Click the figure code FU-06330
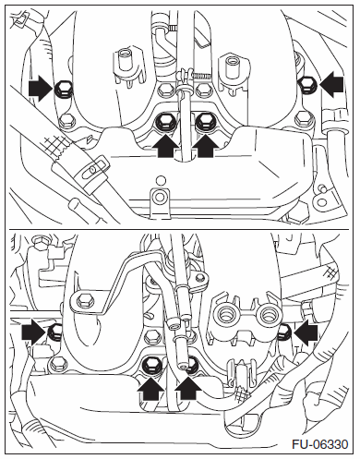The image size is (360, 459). [x=320, y=444]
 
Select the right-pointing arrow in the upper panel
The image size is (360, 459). [x=41, y=89]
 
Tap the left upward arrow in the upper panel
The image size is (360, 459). [x=166, y=146]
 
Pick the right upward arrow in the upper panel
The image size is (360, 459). [x=206, y=146]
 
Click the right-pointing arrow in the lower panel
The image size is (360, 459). [x=34, y=332]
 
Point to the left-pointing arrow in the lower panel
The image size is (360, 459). [x=306, y=332]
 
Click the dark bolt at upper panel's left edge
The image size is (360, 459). [x=63, y=89]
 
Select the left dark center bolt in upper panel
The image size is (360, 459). [x=164, y=123]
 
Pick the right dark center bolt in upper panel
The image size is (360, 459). [x=204, y=123]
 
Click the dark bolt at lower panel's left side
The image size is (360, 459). [x=55, y=332]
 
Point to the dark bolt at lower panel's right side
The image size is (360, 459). [x=283, y=332]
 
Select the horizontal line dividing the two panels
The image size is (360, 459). [x=179, y=229]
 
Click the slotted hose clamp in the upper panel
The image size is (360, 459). [x=92, y=168]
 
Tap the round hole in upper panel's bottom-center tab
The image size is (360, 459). [x=160, y=197]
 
